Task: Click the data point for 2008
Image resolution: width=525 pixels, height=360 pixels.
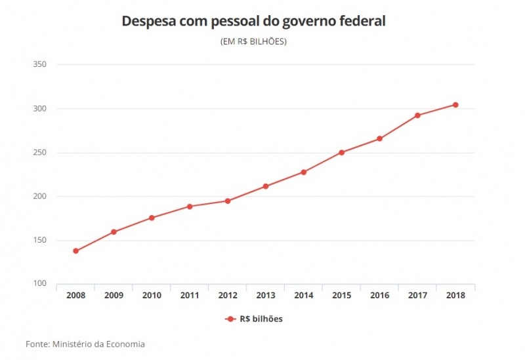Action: pyautogui.click(x=75, y=251)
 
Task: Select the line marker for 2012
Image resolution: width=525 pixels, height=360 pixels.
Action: pyautogui.click(x=228, y=201)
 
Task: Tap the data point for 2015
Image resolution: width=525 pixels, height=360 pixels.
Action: pyautogui.click(x=342, y=153)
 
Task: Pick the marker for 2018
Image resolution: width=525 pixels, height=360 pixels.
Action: pyautogui.click(x=455, y=105)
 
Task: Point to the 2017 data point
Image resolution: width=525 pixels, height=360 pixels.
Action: pyautogui.click(x=417, y=115)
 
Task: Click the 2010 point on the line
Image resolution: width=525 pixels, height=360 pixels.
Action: pyautogui.click(x=152, y=218)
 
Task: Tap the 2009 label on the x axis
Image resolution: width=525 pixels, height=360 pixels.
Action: pyautogui.click(x=114, y=296)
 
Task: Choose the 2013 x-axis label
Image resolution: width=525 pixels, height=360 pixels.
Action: pyautogui.click(x=266, y=296)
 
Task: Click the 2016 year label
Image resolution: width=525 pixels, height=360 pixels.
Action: pyautogui.click(x=379, y=296)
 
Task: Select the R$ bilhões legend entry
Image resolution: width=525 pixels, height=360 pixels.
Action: pyautogui.click(x=254, y=319)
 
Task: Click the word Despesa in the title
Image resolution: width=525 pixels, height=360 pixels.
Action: pyautogui.click(x=147, y=22)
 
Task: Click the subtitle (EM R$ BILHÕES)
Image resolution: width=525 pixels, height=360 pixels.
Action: pyautogui.click(x=253, y=41)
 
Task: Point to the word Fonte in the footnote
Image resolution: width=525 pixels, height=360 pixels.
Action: pyautogui.click(x=37, y=344)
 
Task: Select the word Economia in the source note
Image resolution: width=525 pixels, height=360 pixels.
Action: pyautogui.click(x=123, y=344)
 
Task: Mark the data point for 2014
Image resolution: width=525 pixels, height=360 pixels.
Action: pyautogui.click(x=304, y=172)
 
